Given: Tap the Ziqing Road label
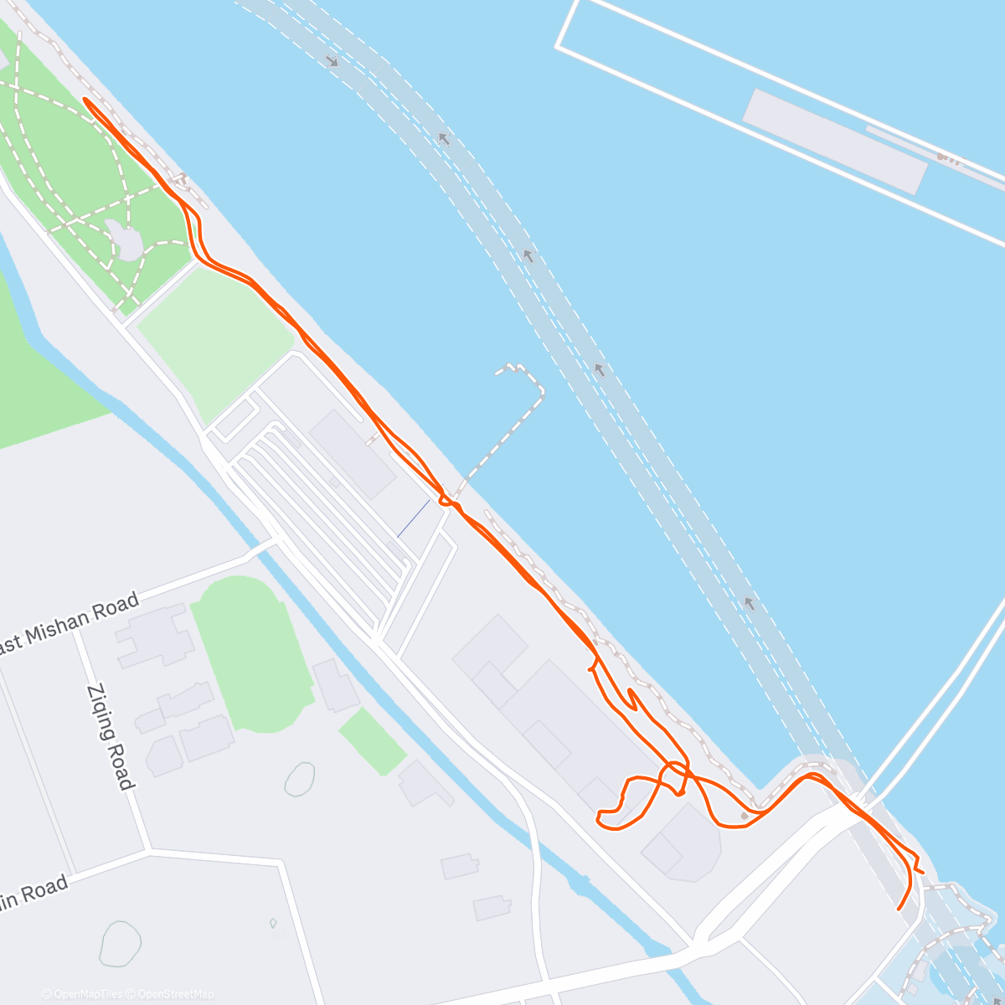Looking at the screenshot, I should click(x=110, y=737).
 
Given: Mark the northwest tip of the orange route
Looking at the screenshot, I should click(x=86, y=100).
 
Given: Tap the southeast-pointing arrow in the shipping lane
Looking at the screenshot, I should click(x=332, y=60).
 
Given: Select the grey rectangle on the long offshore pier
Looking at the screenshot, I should click(x=835, y=141).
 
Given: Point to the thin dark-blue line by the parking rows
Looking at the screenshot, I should click(x=413, y=518).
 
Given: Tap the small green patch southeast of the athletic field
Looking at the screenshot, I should click(x=373, y=741).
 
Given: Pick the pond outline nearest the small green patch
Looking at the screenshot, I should click(x=299, y=779).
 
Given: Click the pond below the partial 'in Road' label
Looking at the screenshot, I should click(x=119, y=943).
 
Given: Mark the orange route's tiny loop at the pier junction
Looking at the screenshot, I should click(x=446, y=501).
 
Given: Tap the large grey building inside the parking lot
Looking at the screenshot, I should click(x=352, y=455).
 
